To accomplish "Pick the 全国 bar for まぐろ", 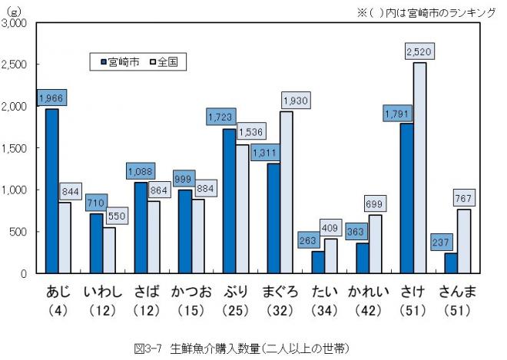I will pyautogui.click(x=287, y=192).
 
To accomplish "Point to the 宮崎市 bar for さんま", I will pyautogui.click(x=451, y=263).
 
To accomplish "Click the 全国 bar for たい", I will pyautogui.click(x=330, y=256).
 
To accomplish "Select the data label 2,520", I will pyautogui.click(x=419, y=52).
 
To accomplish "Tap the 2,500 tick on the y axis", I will pyautogui.click(x=15, y=64).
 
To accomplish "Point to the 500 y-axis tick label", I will pyautogui.click(x=19, y=232).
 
